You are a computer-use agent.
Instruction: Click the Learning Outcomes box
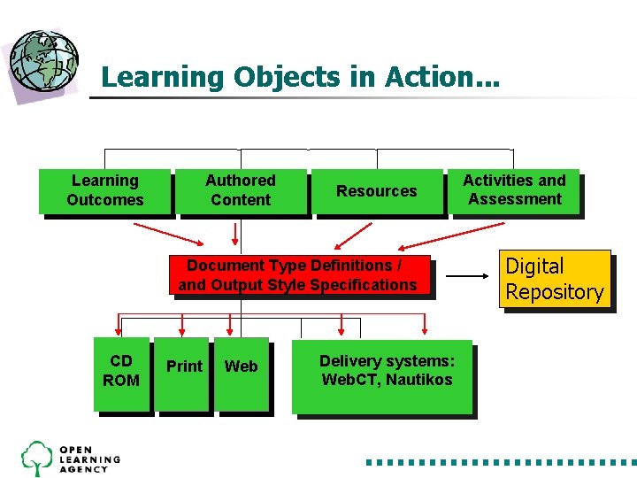(104, 190)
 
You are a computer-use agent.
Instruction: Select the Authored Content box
(241, 190)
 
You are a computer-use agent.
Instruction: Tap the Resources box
(376, 190)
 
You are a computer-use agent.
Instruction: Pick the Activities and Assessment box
(514, 189)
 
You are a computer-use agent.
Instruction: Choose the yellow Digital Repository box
(554, 279)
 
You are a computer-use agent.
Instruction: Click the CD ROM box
(120, 372)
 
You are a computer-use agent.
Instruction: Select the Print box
(183, 372)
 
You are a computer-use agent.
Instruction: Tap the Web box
(241, 372)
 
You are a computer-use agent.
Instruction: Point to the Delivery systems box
(386, 375)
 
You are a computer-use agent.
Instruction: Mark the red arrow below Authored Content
(235, 233)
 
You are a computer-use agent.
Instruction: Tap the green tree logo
(37, 457)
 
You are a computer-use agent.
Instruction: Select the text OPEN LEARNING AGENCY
(89, 459)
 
